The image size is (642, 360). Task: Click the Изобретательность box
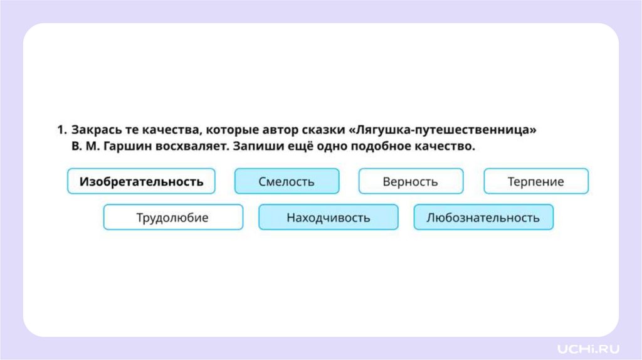pyautogui.click(x=141, y=182)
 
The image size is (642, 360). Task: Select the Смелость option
pyautogui.click(x=287, y=182)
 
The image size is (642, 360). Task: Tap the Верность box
pyautogui.click(x=411, y=182)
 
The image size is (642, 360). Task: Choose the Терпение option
pyautogui.click(x=536, y=182)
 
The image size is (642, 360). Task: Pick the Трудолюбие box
pyautogui.click(x=172, y=218)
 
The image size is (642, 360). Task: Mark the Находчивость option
pyautogui.click(x=328, y=218)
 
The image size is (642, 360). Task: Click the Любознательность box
pyautogui.click(x=483, y=218)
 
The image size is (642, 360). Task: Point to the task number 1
pyautogui.click(x=61, y=130)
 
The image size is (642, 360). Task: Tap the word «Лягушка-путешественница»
pyautogui.click(x=446, y=130)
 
